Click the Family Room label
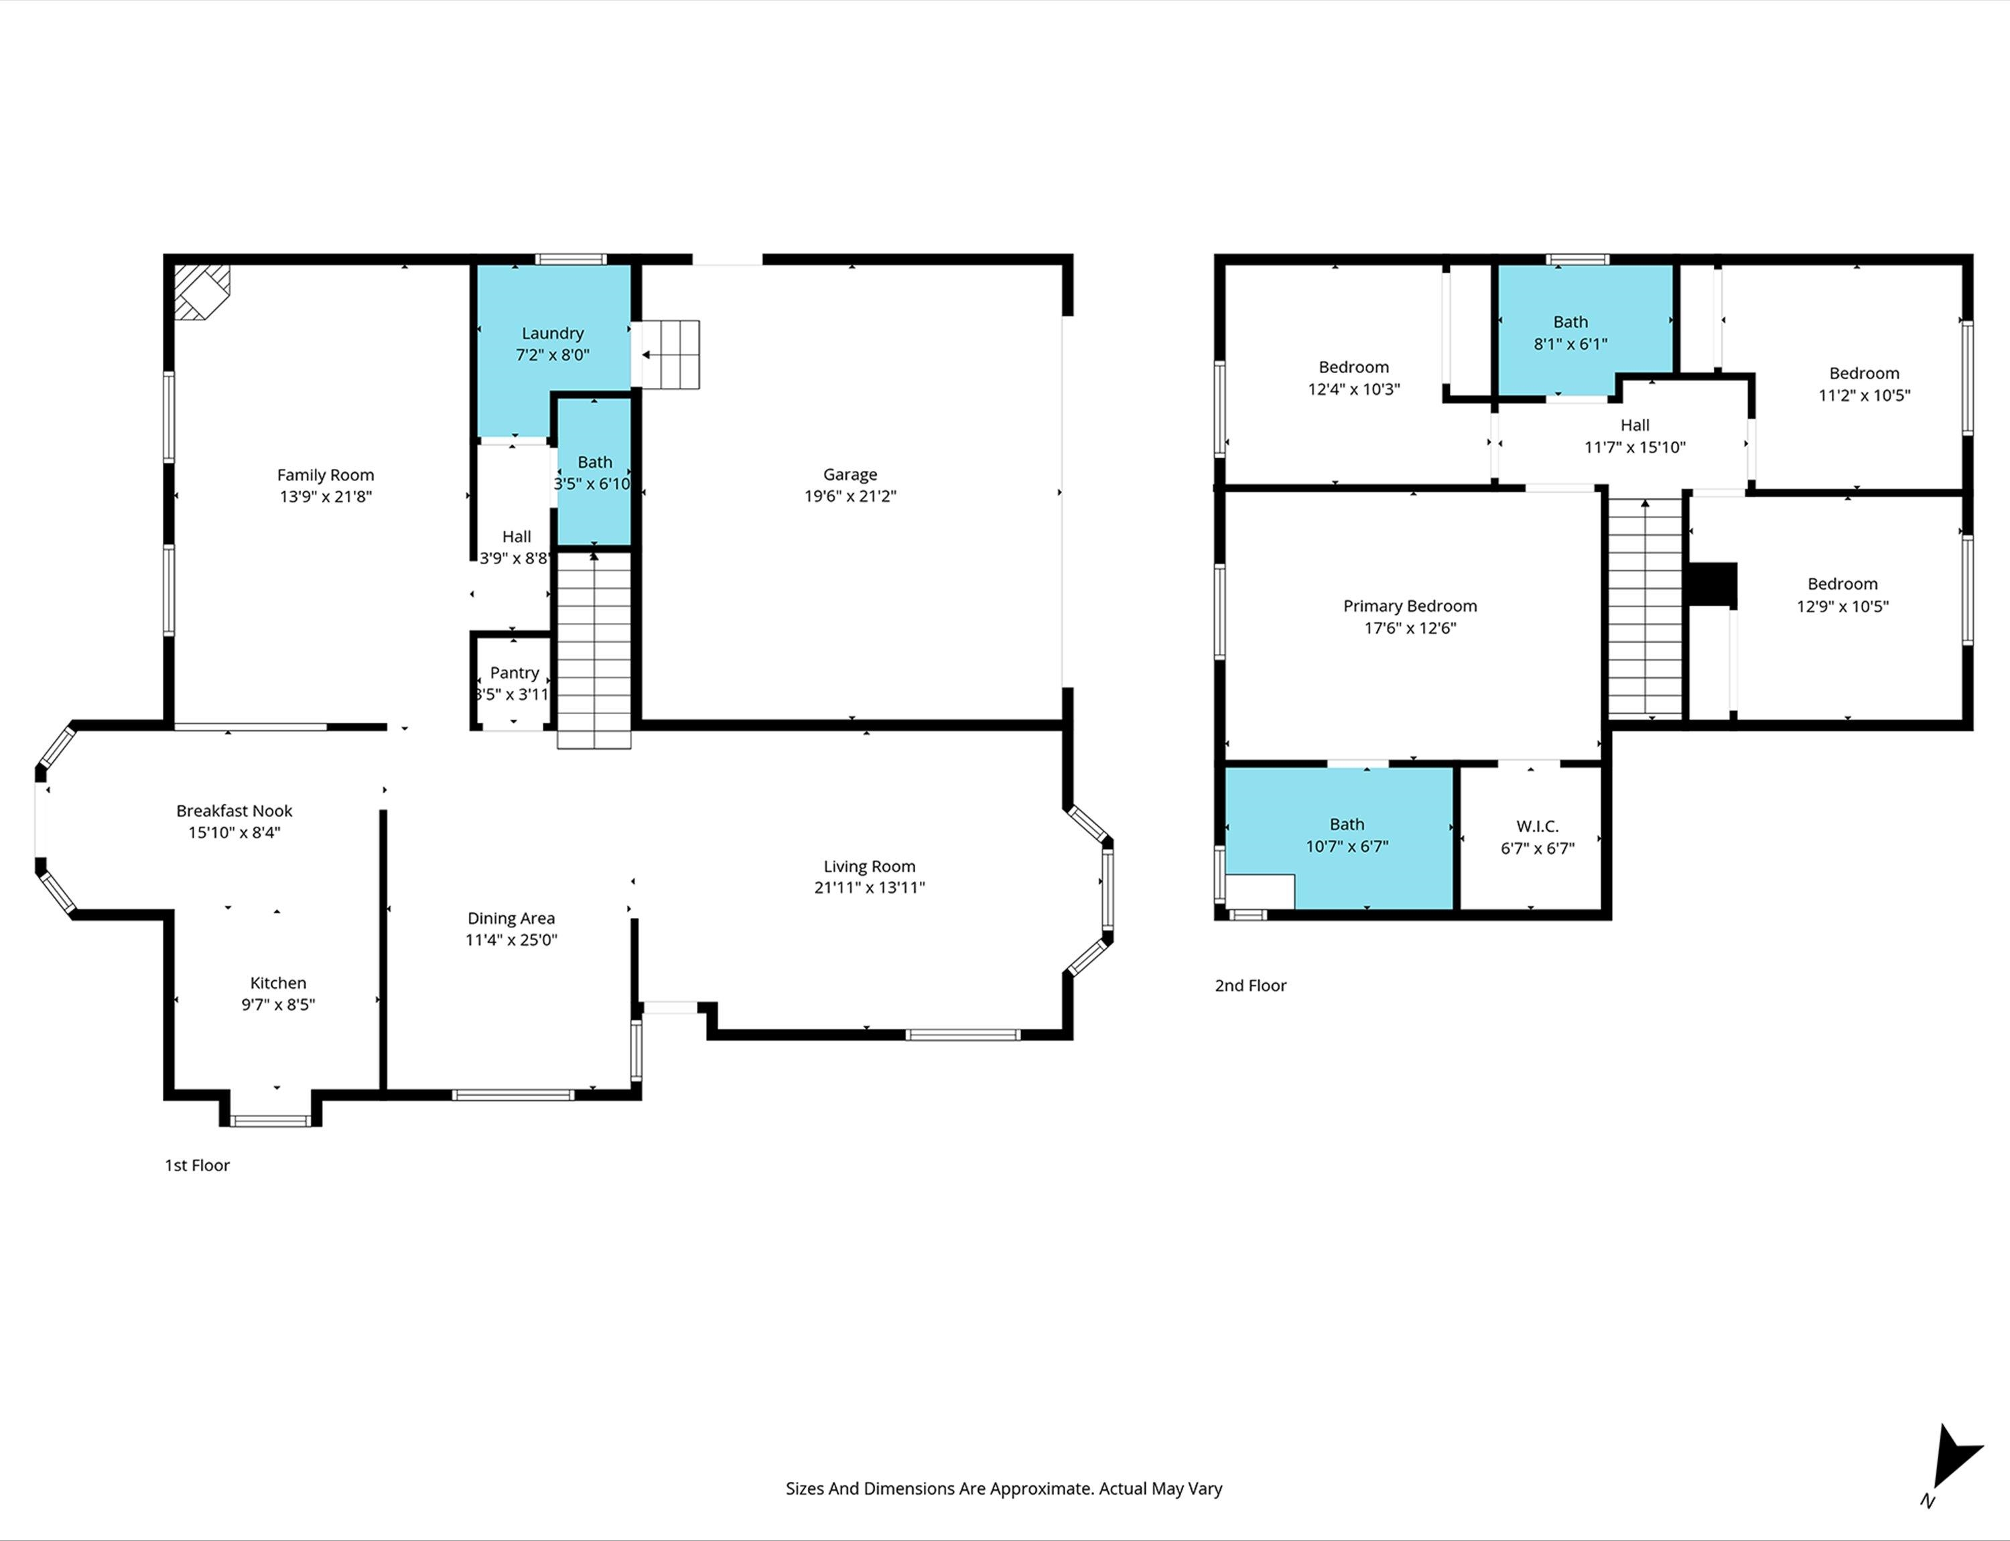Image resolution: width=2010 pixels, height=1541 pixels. point(326,475)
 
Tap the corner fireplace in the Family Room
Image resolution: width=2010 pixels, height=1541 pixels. point(202,291)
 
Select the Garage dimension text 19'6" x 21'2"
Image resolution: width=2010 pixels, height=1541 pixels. point(850,496)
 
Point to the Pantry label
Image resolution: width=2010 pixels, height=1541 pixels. point(514,673)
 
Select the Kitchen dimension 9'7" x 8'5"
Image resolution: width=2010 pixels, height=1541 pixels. point(278,1004)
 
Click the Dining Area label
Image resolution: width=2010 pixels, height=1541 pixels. point(511,918)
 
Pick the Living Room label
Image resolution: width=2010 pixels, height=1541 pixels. point(870,867)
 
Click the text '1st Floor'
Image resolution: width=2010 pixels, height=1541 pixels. point(197,1165)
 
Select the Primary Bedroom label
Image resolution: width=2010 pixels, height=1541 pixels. point(1410,606)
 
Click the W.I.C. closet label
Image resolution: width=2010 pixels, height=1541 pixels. point(1538,827)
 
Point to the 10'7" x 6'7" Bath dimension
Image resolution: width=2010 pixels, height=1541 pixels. point(1347,847)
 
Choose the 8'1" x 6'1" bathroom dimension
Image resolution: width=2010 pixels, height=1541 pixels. point(1570,344)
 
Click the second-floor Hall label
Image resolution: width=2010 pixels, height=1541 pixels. point(1635,425)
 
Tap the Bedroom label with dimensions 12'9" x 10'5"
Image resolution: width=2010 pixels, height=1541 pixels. point(1842,584)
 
